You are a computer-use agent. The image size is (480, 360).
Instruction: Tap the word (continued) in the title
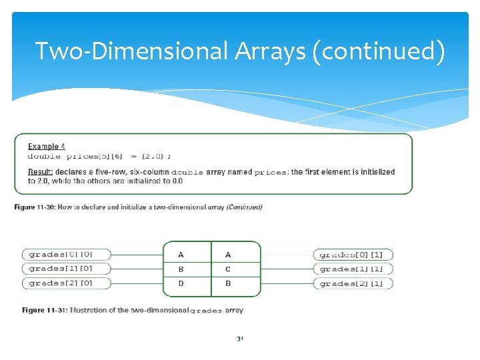coord(377,51)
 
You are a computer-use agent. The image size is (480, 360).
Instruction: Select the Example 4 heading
coord(47,147)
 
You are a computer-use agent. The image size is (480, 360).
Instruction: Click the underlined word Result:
coord(41,172)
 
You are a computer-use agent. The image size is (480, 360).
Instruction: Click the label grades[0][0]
coord(61,254)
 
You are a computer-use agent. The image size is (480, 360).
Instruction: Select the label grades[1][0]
coord(61,269)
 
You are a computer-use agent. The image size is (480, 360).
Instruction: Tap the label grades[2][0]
coord(61,283)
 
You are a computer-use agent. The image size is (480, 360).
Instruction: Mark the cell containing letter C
coord(229,269)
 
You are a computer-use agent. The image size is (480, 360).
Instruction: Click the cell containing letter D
coord(181,284)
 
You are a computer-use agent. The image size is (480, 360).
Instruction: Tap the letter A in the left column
coord(181,255)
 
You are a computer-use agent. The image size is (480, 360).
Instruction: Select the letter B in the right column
coord(229,284)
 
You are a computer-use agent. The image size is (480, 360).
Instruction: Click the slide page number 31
coord(240,339)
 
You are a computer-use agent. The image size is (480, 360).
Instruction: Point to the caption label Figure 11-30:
coord(35,207)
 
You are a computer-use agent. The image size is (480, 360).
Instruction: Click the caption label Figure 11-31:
coord(44,310)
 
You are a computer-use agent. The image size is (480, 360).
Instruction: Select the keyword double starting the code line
coord(44,156)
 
